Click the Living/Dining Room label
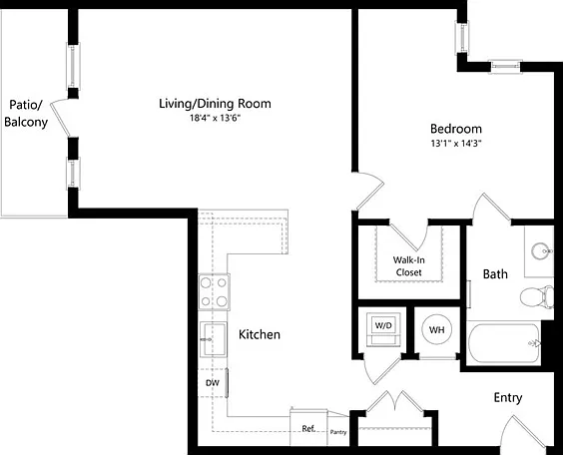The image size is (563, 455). tap(215, 104)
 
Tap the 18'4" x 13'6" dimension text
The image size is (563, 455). tap(215, 118)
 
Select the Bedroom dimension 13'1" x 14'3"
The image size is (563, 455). tap(456, 144)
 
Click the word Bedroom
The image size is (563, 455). tap(456, 129)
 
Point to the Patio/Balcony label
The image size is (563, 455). tap(26, 114)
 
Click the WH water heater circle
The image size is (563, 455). tap(436, 329)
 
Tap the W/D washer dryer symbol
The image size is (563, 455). tap(383, 329)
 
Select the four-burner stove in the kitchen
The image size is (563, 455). tap(214, 292)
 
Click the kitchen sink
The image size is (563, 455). tap(214, 339)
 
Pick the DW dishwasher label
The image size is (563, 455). tap(213, 383)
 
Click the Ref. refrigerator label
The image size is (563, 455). tap(308, 428)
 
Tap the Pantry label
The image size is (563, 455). tap(338, 432)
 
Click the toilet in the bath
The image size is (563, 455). tap(537, 296)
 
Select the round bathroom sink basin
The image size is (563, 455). tap(541, 250)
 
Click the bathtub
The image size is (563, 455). tap(504, 343)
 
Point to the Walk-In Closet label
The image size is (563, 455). tap(408, 265)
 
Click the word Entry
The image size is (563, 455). tap(508, 397)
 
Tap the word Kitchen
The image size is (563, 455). tap(260, 334)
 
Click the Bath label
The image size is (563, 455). tap(495, 274)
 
